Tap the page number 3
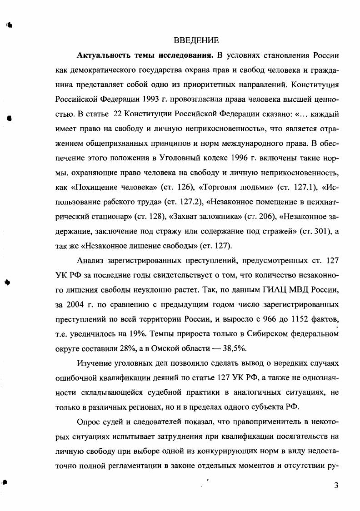point(336,486)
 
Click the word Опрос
point(90,421)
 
